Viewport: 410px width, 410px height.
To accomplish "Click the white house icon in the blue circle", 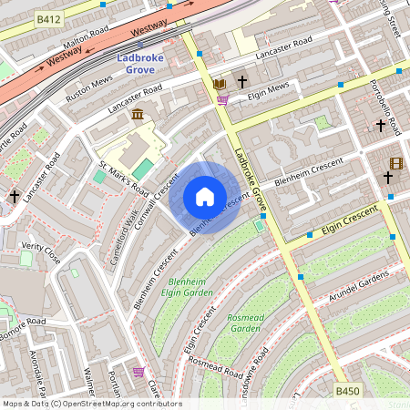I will point(205,197).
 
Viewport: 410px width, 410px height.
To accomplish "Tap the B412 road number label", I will point(48,18).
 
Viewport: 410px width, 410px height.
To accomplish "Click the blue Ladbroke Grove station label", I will point(146,64).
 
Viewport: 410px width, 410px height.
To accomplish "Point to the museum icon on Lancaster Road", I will point(138,114).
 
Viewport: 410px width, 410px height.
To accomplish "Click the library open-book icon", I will point(219,84).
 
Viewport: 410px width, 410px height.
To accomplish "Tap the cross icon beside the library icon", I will point(243,83).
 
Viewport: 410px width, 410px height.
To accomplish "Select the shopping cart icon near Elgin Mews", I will point(222,100).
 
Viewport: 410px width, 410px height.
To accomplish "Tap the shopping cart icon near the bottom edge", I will point(138,372).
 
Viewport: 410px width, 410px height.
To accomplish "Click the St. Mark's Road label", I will point(122,179).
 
